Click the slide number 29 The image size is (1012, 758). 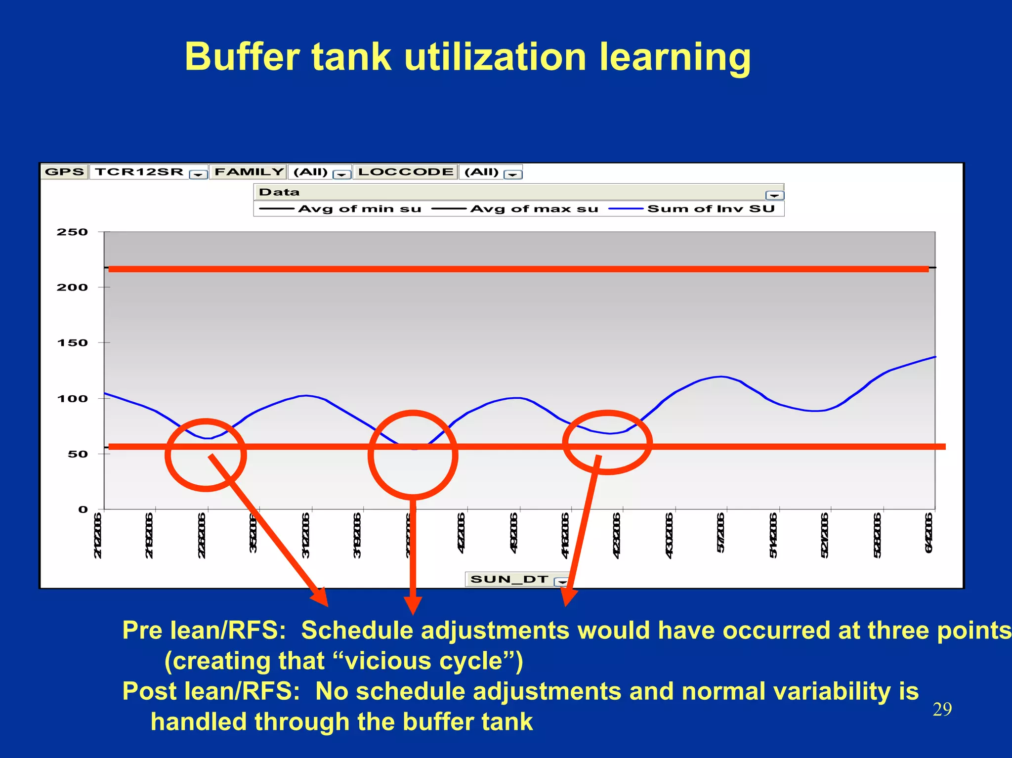[942, 710]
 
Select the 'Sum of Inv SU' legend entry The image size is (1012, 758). [711, 209]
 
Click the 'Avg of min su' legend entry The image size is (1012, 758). [359, 209]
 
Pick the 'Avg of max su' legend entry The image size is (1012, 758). [534, 209]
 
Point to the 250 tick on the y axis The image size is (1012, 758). [72, 232]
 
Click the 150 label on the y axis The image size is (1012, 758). [72, 342]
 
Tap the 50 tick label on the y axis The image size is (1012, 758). [77, 454]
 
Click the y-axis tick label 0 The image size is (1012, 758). [83, 509]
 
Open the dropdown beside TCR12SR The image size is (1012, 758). [198, 174]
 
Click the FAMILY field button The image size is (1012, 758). [249, 172]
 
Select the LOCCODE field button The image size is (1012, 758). [405, 172]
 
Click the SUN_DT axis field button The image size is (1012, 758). [509, 579]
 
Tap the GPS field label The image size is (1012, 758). [64, 172]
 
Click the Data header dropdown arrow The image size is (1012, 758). [774, 195]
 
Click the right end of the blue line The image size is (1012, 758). [934, 357]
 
